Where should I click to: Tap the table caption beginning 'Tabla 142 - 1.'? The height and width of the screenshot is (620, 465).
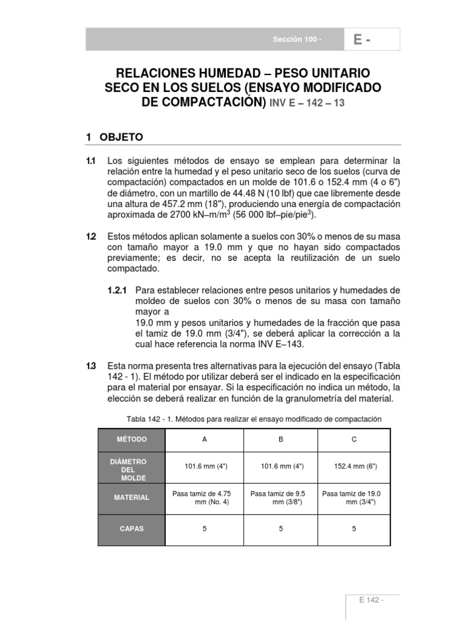pos(254,419)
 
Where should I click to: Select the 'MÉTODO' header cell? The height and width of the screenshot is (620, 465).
pos(131,440)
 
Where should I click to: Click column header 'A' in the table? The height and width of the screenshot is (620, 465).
pos(205,440)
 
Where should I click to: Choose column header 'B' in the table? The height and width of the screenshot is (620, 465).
pos(281,440)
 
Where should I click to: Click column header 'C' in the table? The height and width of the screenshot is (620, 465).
pos(354,440)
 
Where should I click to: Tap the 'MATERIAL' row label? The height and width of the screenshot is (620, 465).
pos(131,497)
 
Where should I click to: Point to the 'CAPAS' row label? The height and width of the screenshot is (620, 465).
pos(131,529)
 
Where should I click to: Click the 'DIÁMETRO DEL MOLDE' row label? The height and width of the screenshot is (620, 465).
pos(128,469)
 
